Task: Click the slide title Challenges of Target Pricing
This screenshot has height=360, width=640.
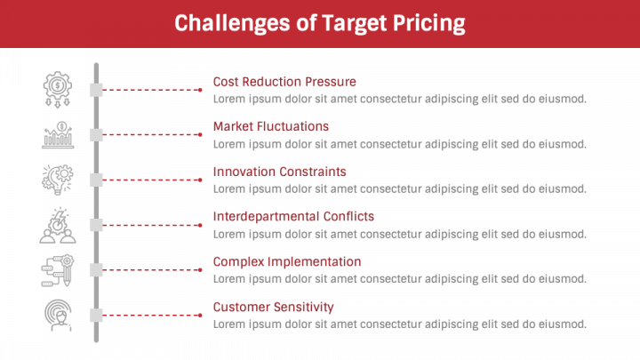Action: (319, 23)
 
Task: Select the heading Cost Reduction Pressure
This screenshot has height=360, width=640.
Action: (284, 82)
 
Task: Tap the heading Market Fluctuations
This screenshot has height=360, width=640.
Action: (271, 126)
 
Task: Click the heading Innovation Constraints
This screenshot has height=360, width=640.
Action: (280, 172)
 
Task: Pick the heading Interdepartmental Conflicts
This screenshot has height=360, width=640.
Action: (293, 216)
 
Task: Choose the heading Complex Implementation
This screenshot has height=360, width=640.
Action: (287, 261)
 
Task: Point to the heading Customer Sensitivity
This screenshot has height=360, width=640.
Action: (274, 307)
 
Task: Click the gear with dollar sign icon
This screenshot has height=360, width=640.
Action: (58, 86)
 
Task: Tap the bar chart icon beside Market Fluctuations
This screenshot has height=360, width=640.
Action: (58, 134)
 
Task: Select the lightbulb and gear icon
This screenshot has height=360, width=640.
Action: (58, 179)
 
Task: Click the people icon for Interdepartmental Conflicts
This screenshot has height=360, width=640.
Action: (58, 226)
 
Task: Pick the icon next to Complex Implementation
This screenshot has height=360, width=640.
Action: (58, 270)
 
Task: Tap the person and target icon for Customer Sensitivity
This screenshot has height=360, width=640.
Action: (58, 315)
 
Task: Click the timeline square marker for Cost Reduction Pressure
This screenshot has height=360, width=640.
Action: (97, 90)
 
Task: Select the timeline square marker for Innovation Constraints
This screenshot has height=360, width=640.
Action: (97, 180)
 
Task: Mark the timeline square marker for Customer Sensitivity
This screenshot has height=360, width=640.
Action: (97, 315)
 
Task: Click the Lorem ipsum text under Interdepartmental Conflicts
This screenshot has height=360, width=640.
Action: (399, 234)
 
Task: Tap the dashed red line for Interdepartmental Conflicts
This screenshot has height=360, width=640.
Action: (151, 225)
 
